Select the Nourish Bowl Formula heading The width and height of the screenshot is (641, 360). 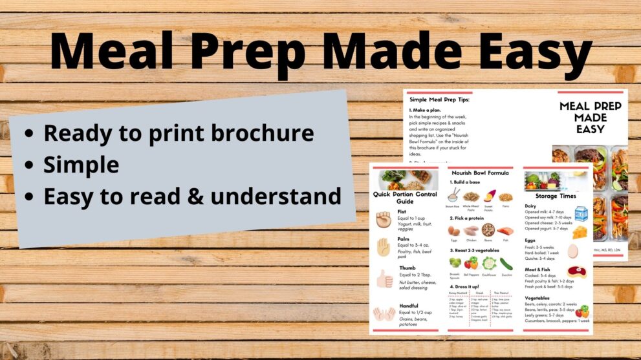(479, 173)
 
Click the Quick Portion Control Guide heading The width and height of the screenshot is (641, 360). (404, 197)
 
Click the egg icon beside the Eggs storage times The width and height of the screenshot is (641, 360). (572, 251)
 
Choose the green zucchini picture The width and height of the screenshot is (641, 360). (506, 263)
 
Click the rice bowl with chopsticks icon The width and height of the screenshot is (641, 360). (453, 196)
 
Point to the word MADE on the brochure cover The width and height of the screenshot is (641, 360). (590, 117)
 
